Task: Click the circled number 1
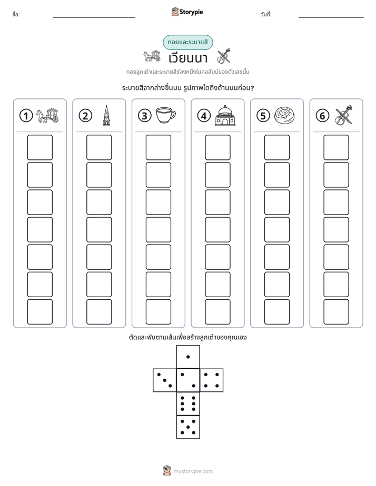tap(26, 116)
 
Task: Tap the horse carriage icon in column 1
tap(47, 115)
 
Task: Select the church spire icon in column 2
tap(106, 115)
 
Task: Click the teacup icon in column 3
tap(165, 115)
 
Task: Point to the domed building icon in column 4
tap(225, 115)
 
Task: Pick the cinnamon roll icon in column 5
tap(284, 115)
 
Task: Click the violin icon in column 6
tap(344, 115)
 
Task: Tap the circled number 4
tap(204, 116)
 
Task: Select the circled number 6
tap(322, 116)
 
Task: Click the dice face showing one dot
tap(188, 357)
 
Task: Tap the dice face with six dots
tap(188, 403)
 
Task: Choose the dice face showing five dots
tap(188, 427)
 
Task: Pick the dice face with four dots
tap(212, 380)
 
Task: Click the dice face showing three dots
tap(164, 380)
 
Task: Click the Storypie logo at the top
tap(187, 12)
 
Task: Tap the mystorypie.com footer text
tap(193, 471)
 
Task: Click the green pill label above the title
tap(187, 43)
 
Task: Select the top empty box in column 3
tap(158, 147)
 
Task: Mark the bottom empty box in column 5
tap(277, 312)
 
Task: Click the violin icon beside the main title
tap(224, 56)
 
